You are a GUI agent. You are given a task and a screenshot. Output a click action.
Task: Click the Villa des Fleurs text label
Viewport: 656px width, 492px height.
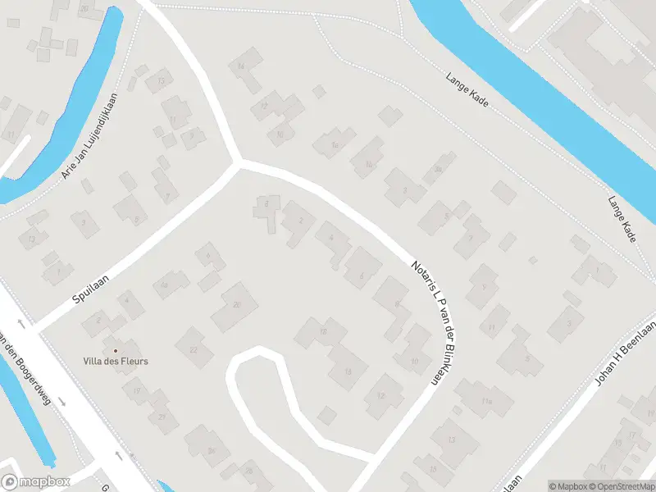116,361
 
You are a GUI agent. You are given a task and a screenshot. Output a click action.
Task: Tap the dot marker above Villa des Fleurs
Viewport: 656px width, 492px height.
116,350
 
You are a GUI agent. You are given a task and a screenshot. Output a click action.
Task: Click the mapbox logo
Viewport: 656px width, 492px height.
36,482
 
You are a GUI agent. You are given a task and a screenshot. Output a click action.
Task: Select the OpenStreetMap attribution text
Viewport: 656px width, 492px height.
620,486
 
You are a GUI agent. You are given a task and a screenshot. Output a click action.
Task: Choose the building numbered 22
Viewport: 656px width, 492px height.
194,349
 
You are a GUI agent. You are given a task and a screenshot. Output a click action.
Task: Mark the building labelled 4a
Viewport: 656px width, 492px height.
165,285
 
